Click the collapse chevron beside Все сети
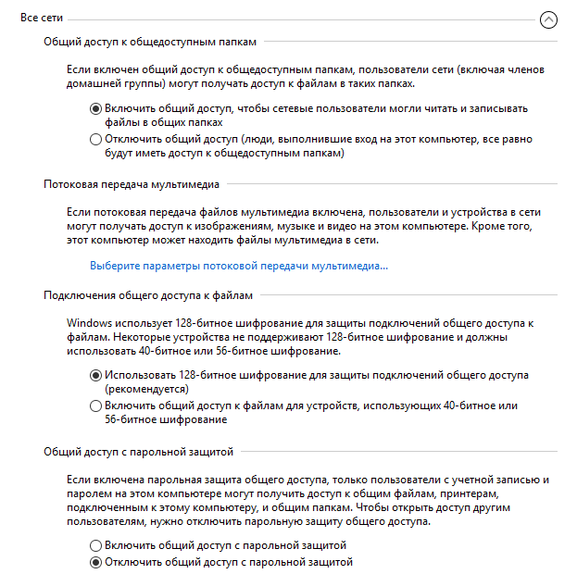point(549,19)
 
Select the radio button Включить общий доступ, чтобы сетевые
point(96,108)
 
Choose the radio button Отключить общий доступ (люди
point(96,140)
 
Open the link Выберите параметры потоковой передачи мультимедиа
point(239,266)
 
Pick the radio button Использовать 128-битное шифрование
point(96,376)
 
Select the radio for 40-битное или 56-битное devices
point(96,406)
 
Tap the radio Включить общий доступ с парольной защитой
point(96,545)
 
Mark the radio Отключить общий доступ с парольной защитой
point(96,561)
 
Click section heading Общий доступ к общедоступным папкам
point(149,43)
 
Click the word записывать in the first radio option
point(501,108)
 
